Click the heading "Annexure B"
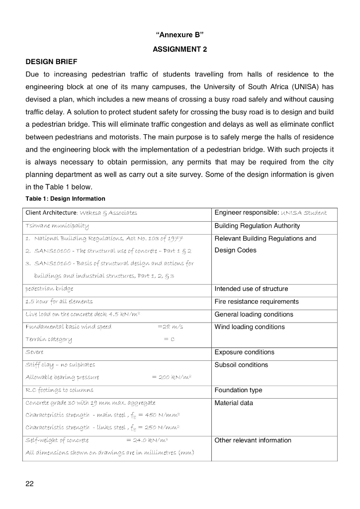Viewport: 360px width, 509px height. (180, 35)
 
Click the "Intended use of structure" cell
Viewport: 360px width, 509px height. (251, 289)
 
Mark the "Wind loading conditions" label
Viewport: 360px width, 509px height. (249, 327)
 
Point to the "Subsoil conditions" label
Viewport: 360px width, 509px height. (241, 365)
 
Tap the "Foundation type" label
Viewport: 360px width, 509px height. (238, 390)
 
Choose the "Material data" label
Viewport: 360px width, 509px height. (234, 403)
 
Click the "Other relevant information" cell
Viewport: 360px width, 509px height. (253, 440)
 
